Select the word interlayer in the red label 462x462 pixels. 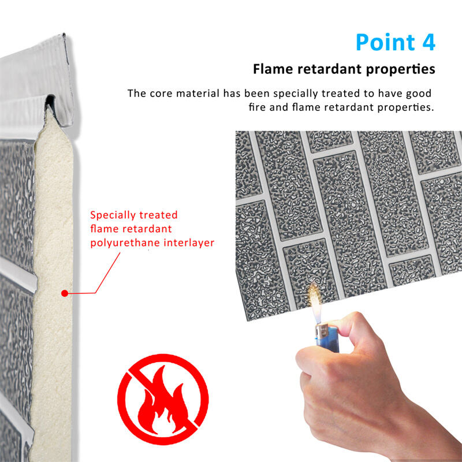(x=189, y=243)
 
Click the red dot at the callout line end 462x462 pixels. (x=65, y=293)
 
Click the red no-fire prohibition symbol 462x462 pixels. (x=163, y=399)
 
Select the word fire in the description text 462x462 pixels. (x=257, y=107)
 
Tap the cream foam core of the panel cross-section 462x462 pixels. (x=53, y=280)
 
